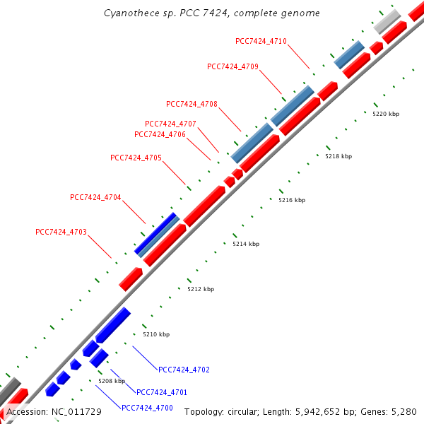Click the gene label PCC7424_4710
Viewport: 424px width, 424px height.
click(261, 41)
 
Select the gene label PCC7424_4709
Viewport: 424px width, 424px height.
click(232, 66)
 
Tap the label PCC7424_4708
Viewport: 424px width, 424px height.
click(192, 104)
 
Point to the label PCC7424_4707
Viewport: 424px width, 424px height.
click(170, 124)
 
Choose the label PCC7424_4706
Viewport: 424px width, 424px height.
click(160, 134)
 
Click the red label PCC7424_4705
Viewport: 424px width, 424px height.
click(136, 158)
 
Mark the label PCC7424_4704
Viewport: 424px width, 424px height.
click(95, 197)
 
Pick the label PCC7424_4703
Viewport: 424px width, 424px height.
click(61, 232)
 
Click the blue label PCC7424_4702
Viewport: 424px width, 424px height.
click(184, 370)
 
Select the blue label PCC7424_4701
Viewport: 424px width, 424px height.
click(162, 392)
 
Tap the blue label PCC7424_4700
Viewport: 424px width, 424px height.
click(147, 408)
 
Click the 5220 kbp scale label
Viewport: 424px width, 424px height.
click(386, 113)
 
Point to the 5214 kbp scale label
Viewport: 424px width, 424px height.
click(246, 244)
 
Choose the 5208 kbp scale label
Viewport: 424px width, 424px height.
click(111, 381)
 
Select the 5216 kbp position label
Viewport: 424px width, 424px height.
click(292, 200)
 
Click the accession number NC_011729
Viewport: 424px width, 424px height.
click(76, 411)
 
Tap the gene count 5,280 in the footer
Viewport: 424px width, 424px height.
click(405, 411)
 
